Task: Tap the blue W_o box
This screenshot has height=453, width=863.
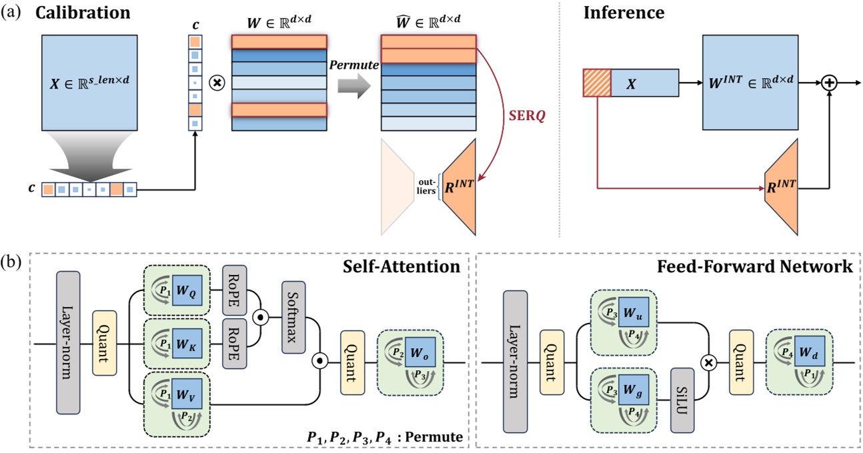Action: click(x=418, y=350)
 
